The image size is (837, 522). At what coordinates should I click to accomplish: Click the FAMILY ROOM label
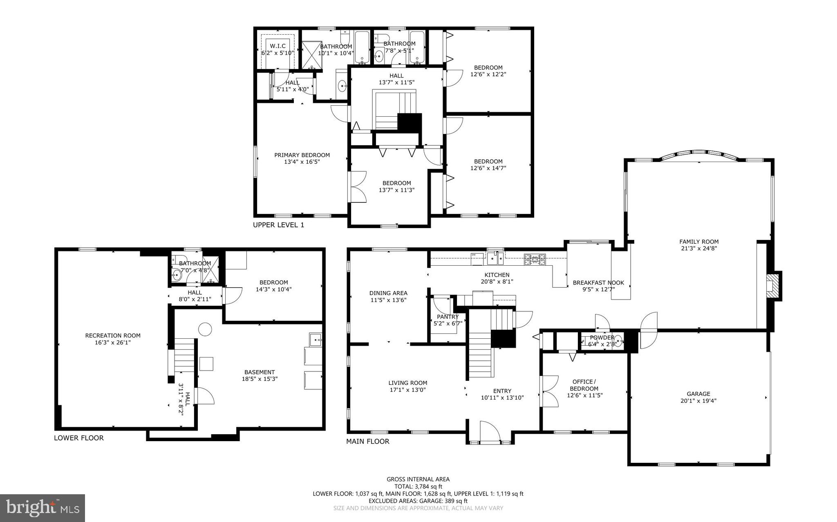click(698, 242)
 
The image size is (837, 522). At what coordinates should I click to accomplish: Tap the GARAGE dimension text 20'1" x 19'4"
click(698, 401)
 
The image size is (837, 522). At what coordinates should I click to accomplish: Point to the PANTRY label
click(448, 317)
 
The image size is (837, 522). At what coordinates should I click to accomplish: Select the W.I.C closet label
click(278, 46)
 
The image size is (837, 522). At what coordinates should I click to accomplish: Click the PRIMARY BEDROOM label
click(302, 155)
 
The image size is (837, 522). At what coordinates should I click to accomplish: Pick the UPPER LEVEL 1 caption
click(278, 225)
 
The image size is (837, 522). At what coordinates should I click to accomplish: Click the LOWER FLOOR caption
click(79, 438)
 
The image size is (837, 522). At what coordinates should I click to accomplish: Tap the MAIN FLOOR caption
click(367, 441)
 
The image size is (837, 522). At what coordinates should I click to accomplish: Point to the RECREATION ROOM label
click(113, 335)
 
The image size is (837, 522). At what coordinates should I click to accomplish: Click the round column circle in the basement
click(205, 329)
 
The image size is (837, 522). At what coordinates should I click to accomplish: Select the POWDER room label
click(602, 338)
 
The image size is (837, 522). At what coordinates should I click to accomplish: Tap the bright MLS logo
click(43, 508)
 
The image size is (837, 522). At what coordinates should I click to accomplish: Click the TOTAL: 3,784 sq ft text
click(418, 486)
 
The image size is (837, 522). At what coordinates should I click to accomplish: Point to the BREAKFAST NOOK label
click(598, 282)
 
